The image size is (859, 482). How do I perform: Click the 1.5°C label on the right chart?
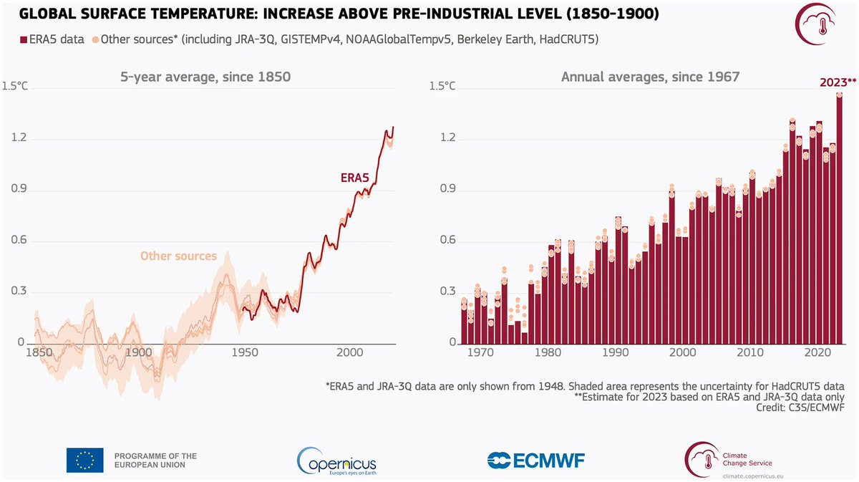tap(442, 87)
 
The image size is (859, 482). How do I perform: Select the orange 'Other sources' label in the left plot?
tap(178, 256)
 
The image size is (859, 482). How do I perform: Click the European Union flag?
tap(84, 460)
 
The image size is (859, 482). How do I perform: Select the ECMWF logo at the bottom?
tap(535, 460)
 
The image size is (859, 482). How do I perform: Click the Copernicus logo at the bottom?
tap(336, 460)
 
